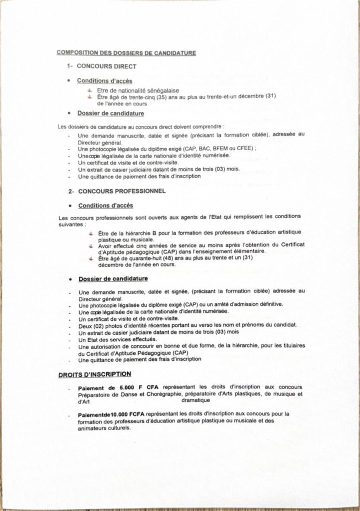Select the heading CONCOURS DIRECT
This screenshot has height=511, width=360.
104,66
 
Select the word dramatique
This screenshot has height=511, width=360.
196,400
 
